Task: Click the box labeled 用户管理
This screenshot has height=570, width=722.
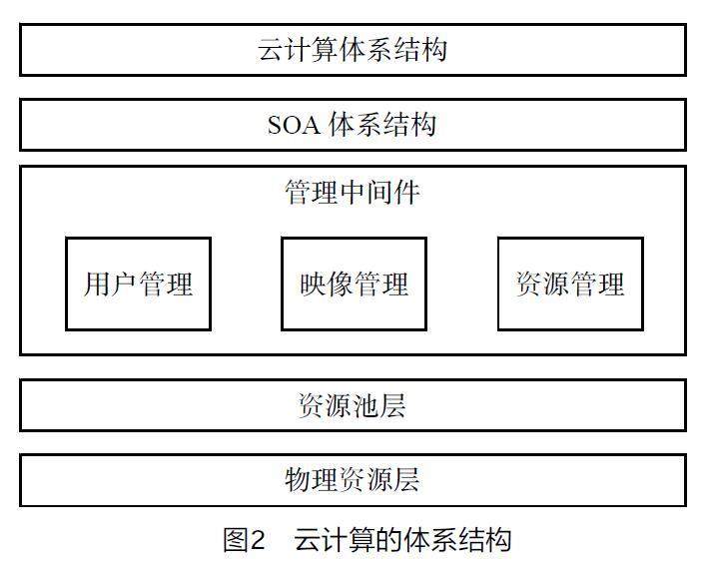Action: [x=138, y=284]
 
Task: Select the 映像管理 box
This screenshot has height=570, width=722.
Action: [x=354, y=284]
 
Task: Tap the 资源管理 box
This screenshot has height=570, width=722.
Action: [x=570, y=284]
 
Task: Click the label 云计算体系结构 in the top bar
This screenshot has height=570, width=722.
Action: [x=353, y=50]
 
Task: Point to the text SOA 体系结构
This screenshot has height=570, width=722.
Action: [x=353, y=125]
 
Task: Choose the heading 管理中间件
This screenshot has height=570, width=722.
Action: [x=353, y=192]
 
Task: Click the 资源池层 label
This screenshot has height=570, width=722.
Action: [x=353, y=405]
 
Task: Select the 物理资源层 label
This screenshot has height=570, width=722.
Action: [x=353, y=480]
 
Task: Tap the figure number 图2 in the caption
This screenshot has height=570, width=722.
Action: [x=245, y=541]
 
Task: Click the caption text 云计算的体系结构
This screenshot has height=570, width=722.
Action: [x=402, y=541]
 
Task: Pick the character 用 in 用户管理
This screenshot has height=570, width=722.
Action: [x=97, y=285]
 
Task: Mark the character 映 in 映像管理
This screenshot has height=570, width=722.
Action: [x=313, y=285]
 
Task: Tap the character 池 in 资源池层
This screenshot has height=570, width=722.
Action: [x=366, y=405]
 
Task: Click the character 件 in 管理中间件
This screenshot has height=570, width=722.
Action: [x=407, y=192]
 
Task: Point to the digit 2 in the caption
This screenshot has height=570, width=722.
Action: [x=257, y=541]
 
